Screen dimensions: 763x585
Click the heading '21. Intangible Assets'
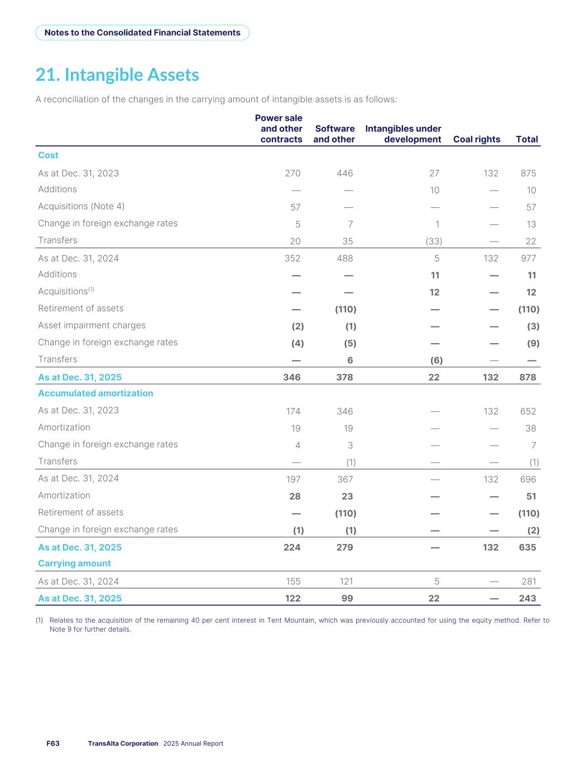point(117,75)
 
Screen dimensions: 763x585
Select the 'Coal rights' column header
point(476,139)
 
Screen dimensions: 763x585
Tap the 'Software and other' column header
point(334,134)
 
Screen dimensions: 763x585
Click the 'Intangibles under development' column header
point(403,134)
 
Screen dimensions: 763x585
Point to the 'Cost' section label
point(48,155)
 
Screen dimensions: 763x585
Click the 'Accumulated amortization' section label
point(95,394)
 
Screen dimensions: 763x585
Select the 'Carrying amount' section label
point(74,563)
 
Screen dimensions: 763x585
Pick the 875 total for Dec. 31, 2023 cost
point(528,173)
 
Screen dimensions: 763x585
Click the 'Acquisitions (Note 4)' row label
point(81,206)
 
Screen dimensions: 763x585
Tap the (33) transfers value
point(434,241)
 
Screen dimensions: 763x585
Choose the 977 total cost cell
point(528,258)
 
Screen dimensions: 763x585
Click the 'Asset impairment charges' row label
point(92,325)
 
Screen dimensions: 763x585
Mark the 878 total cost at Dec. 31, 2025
point(528,377)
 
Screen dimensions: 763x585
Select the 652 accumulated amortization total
point(528,411)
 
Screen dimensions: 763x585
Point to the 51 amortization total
point(531,496)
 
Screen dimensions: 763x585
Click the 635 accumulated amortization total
point(528,547)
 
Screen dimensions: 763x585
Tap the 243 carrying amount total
point(528,599)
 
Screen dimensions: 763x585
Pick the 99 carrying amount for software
point(347,599)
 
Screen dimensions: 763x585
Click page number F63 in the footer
point(53,743)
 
